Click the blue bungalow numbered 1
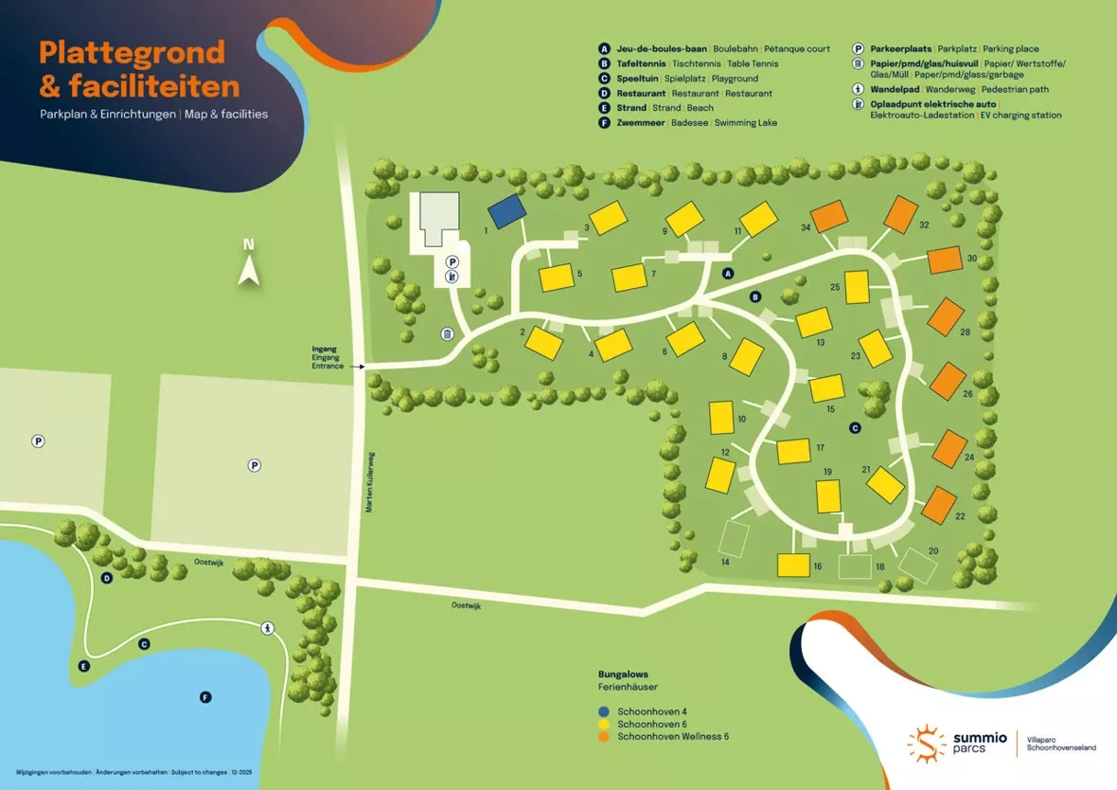pos(506,210)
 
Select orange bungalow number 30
pos(945,260)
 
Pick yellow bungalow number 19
pos(828,495)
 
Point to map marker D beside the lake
pos(107,578)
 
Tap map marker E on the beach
pos(84,667)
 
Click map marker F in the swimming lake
pos(205,697)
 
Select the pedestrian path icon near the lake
pos(268,627)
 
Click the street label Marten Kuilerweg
pos(370,482)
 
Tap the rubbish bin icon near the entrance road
pos(447,333)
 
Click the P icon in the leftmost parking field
pos(39,440)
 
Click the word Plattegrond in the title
pos(132,52)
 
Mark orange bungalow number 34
pos(829,217)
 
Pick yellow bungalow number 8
pos(747,356)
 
